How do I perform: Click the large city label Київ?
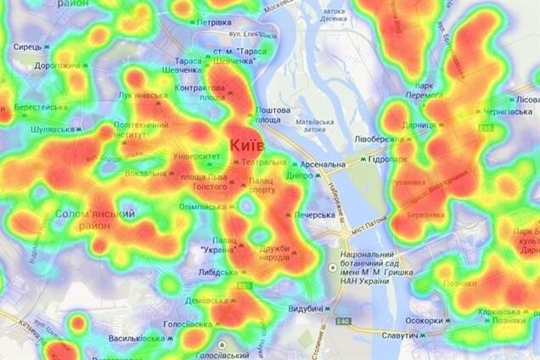click(x=247, y=146)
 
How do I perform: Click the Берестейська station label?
click(x=41, y=107)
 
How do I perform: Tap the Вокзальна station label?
click(x=145, y=173)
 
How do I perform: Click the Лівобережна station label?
click(x=380, y=138)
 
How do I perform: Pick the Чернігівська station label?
click(x=509, y=111)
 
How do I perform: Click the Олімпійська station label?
click(x=201, y=206)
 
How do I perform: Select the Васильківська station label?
click(x=137, y=338)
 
